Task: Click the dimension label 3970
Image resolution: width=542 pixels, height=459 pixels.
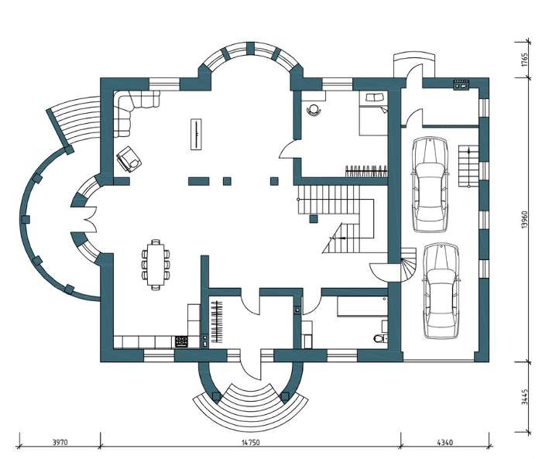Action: click(60, 442)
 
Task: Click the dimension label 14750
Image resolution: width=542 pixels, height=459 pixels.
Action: click(251, 442)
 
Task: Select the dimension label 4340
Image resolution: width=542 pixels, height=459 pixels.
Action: click(445, 442)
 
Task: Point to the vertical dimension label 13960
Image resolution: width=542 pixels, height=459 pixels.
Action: click(525, 219)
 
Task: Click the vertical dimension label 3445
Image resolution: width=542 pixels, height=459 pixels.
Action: click(525, 397)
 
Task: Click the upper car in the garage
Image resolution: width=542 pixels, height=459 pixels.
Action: click(429, 184)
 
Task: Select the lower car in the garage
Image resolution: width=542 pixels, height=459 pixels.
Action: click(441, 291)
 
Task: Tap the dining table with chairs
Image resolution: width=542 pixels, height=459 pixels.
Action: click(156, 265)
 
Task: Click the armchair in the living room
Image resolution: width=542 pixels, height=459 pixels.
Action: click(129, 159)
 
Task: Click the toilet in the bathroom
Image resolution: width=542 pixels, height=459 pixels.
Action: click(380, 337)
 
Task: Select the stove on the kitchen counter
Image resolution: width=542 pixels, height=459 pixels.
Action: click(181, 341)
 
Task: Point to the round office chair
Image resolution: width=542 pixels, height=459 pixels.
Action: click(314, 110)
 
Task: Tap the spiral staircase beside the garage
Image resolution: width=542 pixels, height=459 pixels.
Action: click(409, 265)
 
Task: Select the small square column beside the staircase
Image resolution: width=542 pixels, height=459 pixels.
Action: click(314, 218)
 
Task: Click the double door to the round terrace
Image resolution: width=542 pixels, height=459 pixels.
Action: click(90, 220)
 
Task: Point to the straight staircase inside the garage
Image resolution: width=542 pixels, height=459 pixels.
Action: click(468, 166)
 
